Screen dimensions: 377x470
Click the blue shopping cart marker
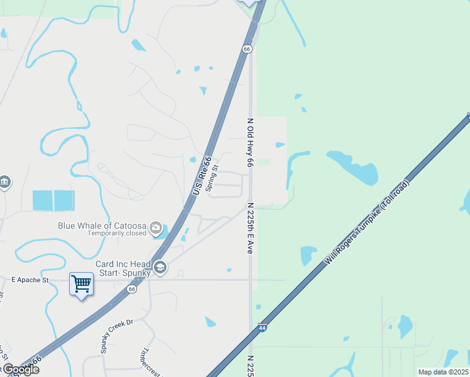pyautogui.click(x=81, y=285)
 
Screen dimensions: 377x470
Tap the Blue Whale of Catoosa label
pyautogui.click(x=102, y=226)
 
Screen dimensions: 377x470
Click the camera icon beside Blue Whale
pyautogui.click(x=156, y=227)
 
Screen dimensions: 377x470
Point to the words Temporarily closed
pyautogui.click(x=117, y=233)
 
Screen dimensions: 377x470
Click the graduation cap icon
pyautogui.click(x=160, y=268)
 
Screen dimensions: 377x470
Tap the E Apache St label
pyautogui.click(x=30, y=278)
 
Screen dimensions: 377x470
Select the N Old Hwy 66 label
pyautogui.click(x=250, y=143)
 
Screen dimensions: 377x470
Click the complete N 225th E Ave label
pyautogui.click(x=250, y=227)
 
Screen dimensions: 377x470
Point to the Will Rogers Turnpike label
pyautogui.click(x=368, y=222)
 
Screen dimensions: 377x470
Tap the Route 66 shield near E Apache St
pyautogui.click(x=131, y=290)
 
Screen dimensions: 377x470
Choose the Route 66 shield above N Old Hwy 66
pyautogui.click(x=247, y=48)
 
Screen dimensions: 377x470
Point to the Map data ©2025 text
pyautogui.click(x=443, y=372)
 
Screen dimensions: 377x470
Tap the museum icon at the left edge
pyautogui.click(x=5, y=182)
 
